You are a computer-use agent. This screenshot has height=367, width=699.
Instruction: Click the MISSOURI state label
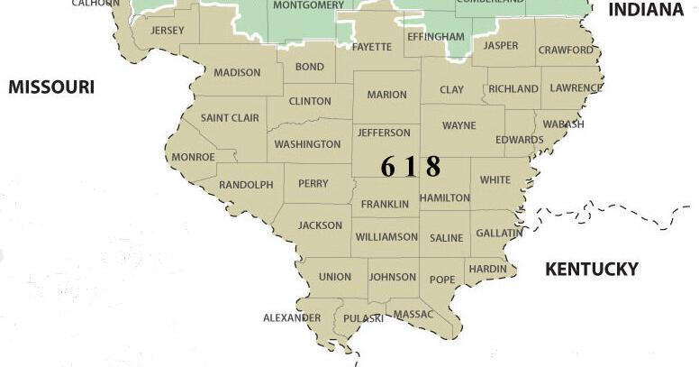[51, 87]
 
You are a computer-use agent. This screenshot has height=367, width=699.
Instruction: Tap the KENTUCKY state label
[592, 269]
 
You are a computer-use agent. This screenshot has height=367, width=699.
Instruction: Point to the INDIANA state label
[646, 10]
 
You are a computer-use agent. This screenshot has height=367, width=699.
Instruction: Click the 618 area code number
[411, 166]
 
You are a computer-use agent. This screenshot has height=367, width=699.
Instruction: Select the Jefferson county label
[384, 133]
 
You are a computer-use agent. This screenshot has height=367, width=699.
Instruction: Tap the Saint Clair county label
[230, 118]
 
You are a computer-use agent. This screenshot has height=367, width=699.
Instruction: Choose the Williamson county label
[386, 237]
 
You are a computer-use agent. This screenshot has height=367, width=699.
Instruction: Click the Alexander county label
[292, 317]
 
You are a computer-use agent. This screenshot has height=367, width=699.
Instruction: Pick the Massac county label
[414, 314]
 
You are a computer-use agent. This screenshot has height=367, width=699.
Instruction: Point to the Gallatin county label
[499, 233]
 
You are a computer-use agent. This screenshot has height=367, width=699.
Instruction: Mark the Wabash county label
[563, 124]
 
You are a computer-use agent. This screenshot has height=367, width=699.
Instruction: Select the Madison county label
[237, 73]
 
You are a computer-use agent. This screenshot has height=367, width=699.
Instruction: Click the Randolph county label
[246, 185]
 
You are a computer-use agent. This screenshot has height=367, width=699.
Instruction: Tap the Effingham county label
[436, 37]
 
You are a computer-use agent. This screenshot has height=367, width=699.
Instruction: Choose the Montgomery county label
[308, 5]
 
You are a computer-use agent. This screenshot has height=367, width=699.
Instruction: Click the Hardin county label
[487, 269]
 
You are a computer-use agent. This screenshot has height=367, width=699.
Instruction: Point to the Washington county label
[307, 144]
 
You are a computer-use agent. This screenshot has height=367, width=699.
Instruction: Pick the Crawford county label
[566, 50]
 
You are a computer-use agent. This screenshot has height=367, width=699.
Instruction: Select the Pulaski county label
[363, 318]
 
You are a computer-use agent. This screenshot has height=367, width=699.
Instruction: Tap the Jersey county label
[168, 30]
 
